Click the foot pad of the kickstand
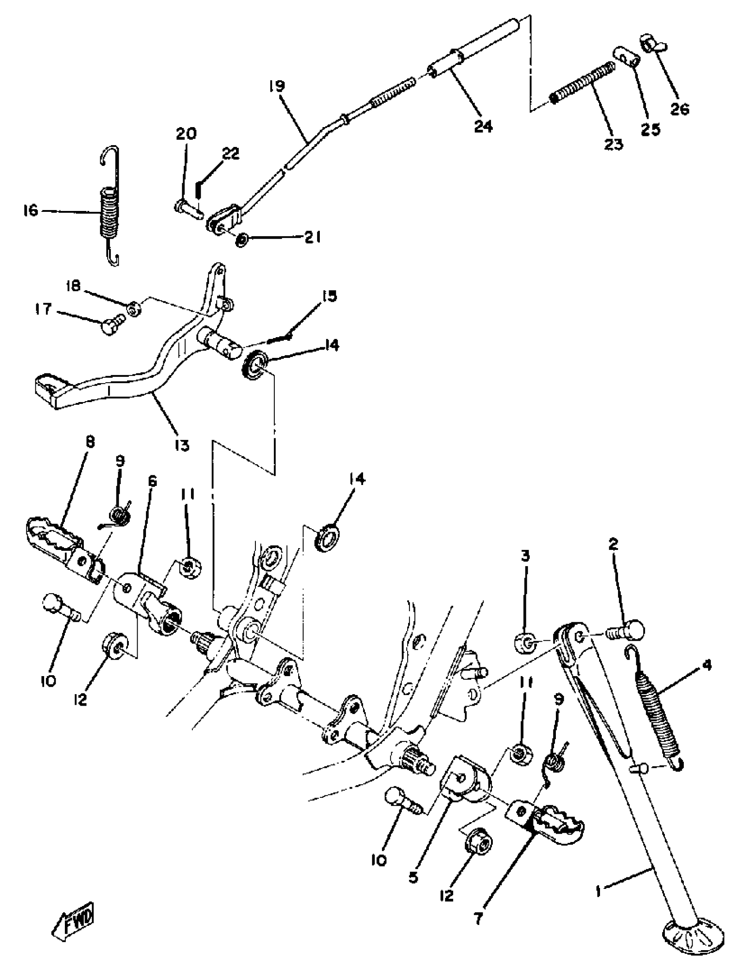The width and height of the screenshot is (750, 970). pos(693,944)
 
